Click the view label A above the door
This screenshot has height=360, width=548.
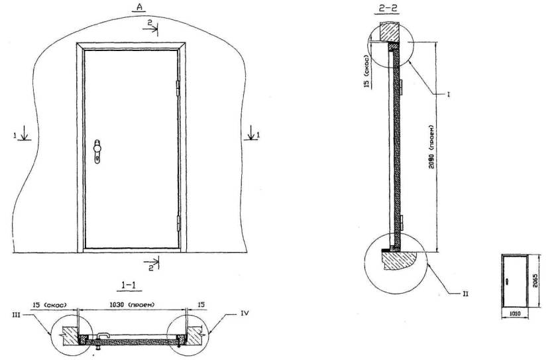pos(139,8)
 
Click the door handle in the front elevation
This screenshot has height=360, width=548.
pos(97,151)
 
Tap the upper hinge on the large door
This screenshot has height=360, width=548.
pos(178,88)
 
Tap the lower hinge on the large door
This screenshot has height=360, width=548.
pos(179,223)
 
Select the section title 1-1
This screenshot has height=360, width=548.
pos(129,285)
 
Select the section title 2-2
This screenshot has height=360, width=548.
pos(388,9)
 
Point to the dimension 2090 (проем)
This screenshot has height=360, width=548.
pos(431,147)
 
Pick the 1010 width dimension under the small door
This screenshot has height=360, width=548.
pos(515,314)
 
